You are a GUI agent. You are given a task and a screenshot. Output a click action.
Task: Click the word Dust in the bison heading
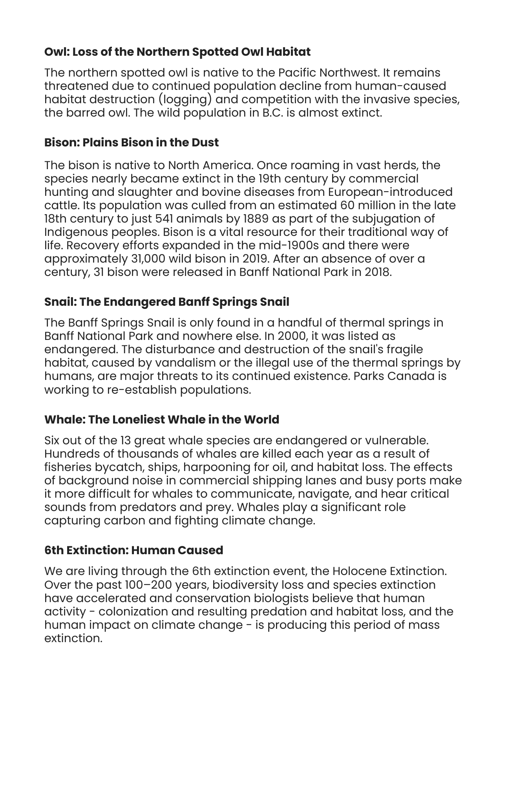[x=205, y=142]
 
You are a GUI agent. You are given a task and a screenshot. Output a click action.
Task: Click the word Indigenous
[x=77, y=232]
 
